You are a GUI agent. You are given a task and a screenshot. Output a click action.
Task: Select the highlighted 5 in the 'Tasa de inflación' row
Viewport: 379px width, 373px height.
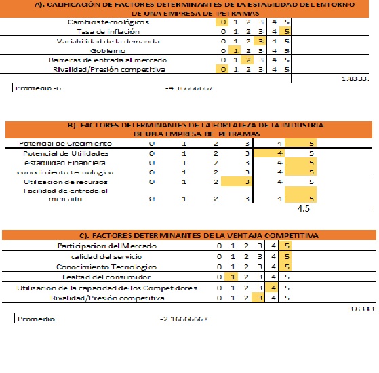(x=287, y=31)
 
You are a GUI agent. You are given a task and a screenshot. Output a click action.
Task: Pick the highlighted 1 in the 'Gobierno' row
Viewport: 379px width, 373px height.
(x=235, y=50)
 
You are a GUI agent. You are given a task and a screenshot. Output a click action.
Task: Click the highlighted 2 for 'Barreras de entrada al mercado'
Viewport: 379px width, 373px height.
(x=247, y=60)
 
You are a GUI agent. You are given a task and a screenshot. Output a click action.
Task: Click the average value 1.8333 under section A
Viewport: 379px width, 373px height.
(x=359, y=79)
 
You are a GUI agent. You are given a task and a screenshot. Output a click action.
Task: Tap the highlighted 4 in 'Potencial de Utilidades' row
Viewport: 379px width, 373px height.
(x=280, y=154)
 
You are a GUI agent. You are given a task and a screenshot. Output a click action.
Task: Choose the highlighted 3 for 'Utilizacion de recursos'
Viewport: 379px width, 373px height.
(x=247, y=182)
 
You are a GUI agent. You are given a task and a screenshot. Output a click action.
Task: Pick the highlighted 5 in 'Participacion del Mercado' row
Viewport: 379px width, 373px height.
(x=287, y=246)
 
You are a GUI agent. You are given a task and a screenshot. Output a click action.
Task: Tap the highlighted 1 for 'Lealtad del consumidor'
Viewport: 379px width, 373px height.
(x=233, y=277)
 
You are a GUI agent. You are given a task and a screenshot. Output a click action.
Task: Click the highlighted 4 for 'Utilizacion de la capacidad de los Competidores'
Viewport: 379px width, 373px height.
(x=274, y=288)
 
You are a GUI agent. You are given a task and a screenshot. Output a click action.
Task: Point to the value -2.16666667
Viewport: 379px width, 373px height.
(x=185, y=318)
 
